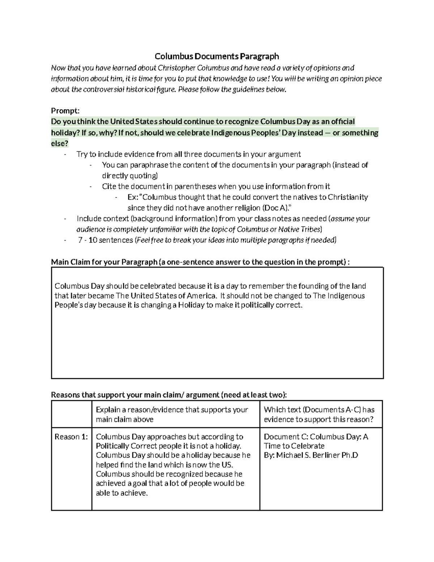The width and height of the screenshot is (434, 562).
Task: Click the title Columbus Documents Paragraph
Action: click(217, 56)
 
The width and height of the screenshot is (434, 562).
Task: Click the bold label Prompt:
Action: click(65, 110)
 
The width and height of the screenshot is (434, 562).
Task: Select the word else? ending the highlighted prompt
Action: click(59, 143)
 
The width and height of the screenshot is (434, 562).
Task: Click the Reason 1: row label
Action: click(71, 437)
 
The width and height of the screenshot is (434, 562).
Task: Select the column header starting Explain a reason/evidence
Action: click(172, 414)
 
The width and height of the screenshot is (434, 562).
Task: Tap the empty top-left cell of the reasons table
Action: click(71, 414)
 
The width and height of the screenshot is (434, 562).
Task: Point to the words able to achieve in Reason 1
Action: click(121, 493)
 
